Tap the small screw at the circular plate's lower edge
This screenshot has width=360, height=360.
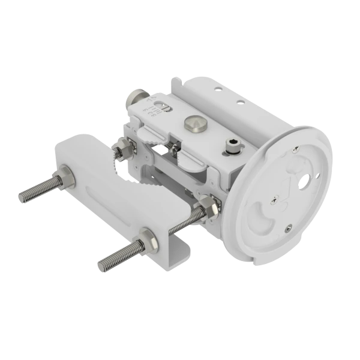tap(289, 226)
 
